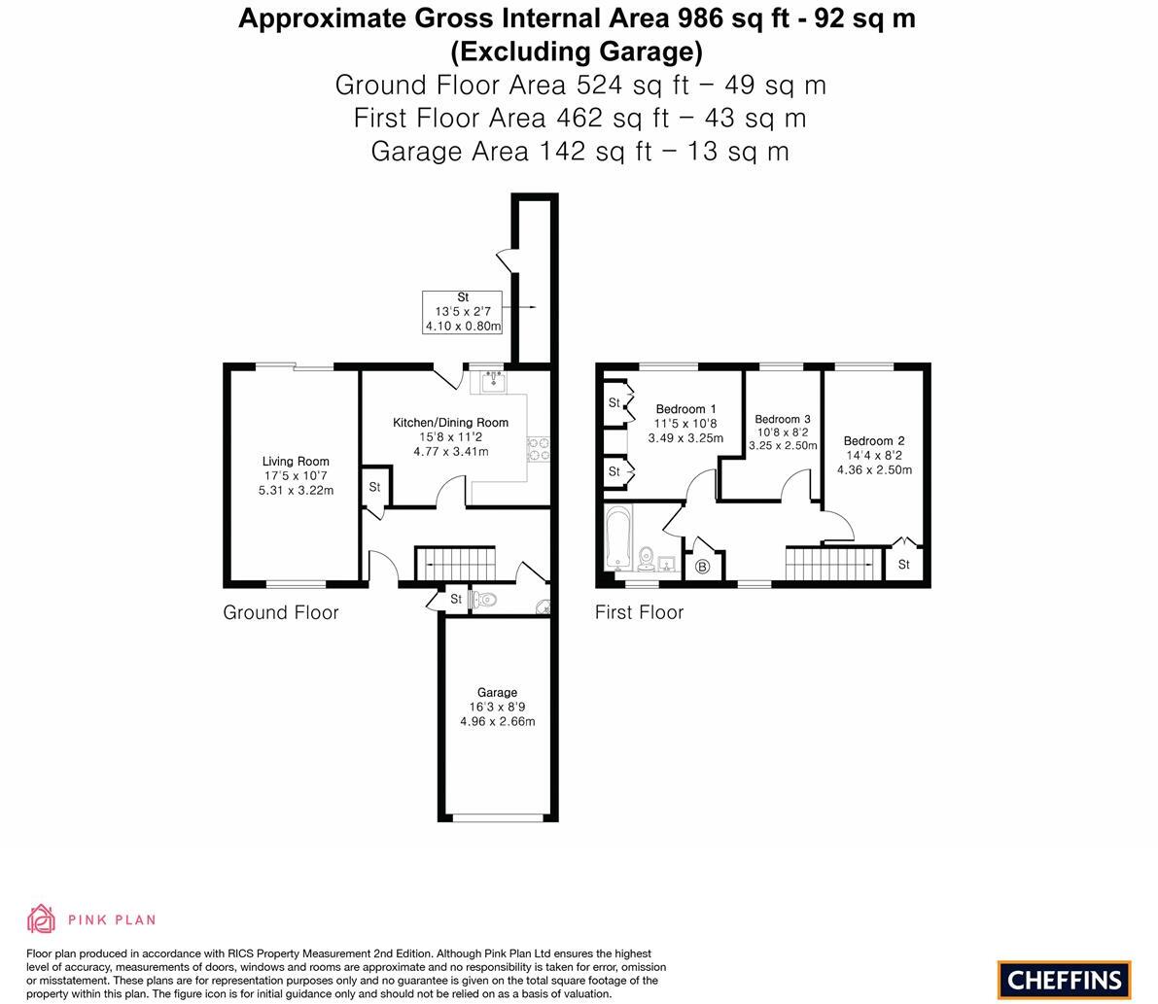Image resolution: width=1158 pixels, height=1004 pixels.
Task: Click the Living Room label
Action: point(296,462)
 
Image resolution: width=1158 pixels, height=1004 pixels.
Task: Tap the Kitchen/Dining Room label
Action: point(450,423)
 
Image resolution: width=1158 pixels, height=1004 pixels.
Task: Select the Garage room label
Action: point(497,692)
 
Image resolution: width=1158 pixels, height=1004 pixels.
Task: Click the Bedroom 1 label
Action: point(685,409)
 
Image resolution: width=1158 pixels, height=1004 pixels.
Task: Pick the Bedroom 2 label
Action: point(874,440)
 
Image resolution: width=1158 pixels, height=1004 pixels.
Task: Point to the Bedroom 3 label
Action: point(782,419)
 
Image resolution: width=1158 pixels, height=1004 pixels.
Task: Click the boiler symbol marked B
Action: point(703,567)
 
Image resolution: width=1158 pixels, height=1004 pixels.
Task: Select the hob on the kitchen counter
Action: point(538,449)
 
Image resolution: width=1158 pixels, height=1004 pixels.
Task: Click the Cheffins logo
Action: point(1064,980)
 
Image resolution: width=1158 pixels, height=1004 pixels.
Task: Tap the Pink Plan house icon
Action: point(42,918)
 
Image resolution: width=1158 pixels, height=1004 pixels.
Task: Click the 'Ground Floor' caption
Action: point(281,612)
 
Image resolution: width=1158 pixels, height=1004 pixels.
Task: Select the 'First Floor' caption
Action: point(639,612)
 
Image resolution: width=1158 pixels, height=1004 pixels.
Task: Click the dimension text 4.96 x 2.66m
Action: point(497,721)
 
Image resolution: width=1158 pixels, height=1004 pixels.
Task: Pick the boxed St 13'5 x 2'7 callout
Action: point(462,312)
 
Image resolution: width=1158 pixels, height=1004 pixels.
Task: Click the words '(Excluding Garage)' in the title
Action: point(577,51)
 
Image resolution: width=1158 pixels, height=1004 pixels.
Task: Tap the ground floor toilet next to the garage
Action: point(484,601)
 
